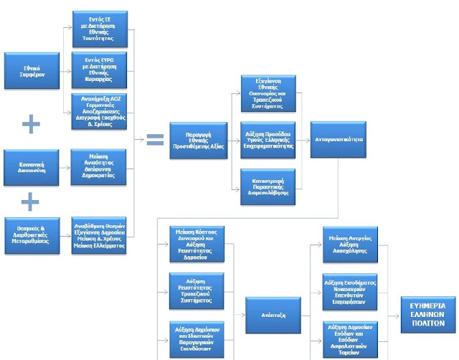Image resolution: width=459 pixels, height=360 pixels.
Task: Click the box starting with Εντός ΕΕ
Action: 100,28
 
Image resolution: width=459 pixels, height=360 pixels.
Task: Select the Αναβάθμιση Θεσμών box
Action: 100,234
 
